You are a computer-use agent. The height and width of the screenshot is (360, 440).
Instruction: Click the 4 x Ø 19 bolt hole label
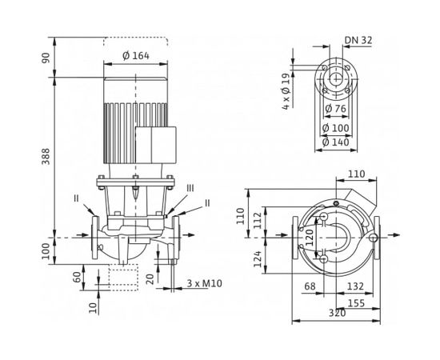(x=287, y=87)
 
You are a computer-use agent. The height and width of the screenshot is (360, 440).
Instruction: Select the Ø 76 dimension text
(x=335, y=110)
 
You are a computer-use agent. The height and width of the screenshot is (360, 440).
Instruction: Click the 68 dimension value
(x=310, y=286)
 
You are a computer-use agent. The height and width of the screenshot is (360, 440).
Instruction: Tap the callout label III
(x=189, y=187)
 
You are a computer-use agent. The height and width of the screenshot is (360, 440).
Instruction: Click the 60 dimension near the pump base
(x=77, y=277)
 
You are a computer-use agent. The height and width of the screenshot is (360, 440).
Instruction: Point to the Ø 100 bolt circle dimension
(x=335, y=126)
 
